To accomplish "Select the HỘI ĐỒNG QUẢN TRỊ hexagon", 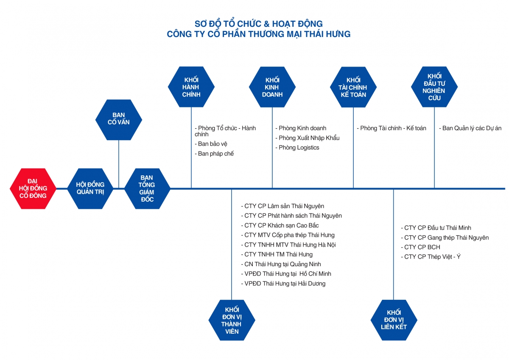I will (x=90, y=188).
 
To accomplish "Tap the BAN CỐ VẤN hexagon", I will (x=119, y=119).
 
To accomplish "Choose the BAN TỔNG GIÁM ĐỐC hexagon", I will (x=147, y=188).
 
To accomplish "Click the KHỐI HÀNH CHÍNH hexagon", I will (x=191, y=87).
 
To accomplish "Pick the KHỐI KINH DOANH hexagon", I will (x=272, y=87).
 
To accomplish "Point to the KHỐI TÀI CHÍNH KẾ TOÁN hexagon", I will (x=353, y=87).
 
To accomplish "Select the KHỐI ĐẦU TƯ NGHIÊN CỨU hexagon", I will (x=434, y=87).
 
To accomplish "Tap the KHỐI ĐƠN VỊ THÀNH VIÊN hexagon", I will (x=232, y=320).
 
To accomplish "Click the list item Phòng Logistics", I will (x=299, y=148).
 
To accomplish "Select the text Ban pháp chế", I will (x=215, y=154).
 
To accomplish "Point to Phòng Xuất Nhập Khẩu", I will (x=309, y=138).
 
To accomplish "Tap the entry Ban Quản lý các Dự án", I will (x=472, y=128).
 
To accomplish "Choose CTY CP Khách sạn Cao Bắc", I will (x=281, y=225).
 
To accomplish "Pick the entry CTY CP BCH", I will (x=422, y=247).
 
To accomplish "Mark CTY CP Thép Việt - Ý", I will (x=432, y=257).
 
